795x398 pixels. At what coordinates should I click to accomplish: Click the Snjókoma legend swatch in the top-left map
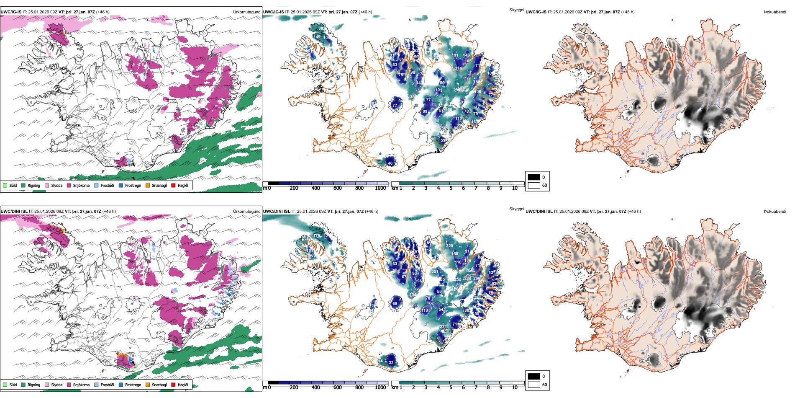69,185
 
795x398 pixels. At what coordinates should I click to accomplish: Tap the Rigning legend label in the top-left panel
34,186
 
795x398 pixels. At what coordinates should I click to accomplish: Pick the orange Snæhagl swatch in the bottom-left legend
148,385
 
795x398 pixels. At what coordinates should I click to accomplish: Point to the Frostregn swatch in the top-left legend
121,185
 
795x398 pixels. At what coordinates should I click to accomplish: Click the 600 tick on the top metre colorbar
337,188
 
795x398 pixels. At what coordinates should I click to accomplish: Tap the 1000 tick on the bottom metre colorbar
380,388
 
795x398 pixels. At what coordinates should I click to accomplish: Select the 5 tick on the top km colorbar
451,188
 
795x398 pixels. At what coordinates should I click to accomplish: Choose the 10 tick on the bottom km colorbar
515,388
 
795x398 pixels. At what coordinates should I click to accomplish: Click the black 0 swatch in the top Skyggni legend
534,177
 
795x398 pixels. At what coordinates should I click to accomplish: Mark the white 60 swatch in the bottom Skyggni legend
534,385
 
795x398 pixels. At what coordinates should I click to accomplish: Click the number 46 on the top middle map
390,163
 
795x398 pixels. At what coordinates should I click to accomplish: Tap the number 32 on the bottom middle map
391,363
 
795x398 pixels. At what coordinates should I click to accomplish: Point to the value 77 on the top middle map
394,106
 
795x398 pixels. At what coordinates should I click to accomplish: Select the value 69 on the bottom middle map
395,304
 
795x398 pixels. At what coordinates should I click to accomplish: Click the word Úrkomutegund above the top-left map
246,12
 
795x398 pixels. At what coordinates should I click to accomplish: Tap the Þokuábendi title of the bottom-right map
775,212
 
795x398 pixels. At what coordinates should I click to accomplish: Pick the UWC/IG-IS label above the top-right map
536,12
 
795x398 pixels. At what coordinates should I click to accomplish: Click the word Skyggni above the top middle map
516,10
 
